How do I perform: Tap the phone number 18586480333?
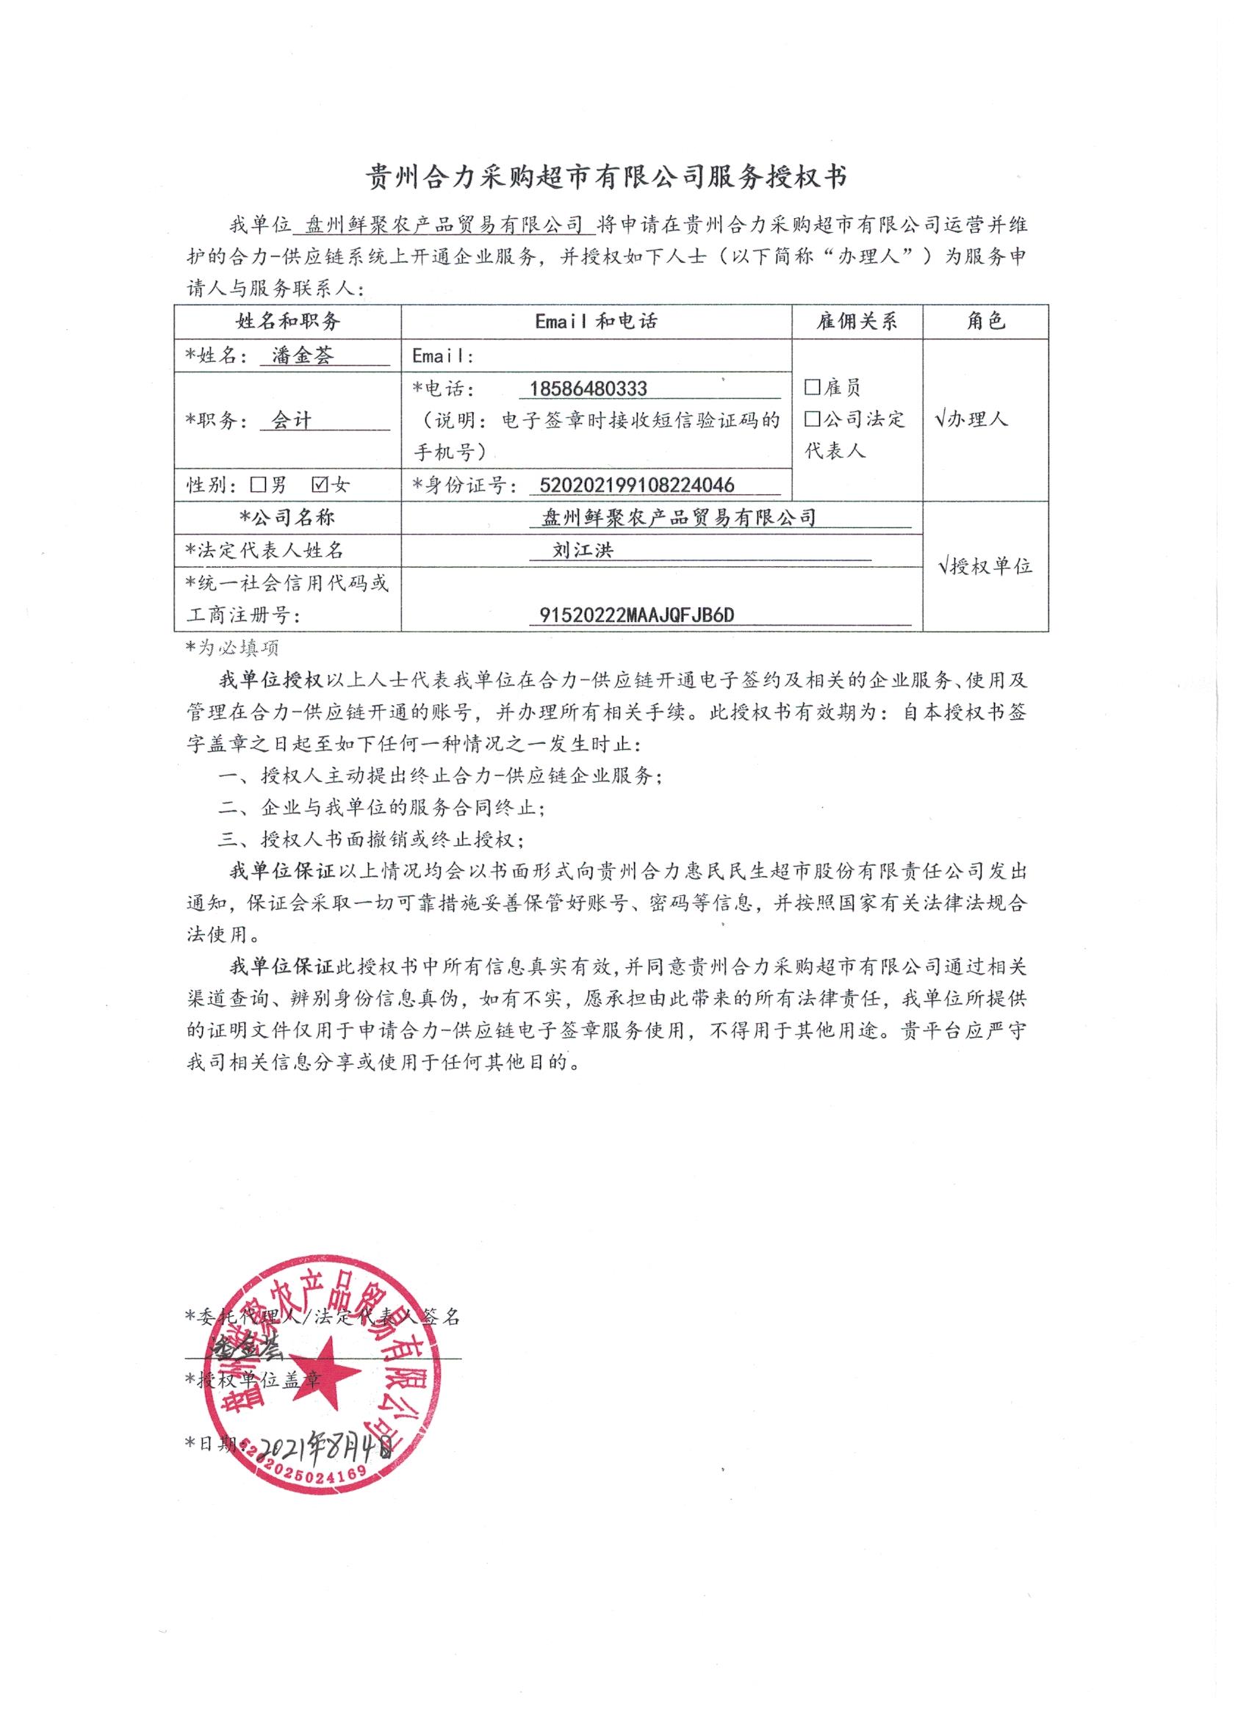588,388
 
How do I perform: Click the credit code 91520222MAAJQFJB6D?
636,615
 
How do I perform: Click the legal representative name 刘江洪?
583,549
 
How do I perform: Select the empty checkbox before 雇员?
813,388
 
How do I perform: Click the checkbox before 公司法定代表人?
813,419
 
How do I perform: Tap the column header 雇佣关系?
857,321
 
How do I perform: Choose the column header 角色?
985,321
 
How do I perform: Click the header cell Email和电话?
596,321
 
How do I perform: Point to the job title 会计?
292,420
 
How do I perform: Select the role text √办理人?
972,419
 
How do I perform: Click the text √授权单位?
985,566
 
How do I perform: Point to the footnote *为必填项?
232,647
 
